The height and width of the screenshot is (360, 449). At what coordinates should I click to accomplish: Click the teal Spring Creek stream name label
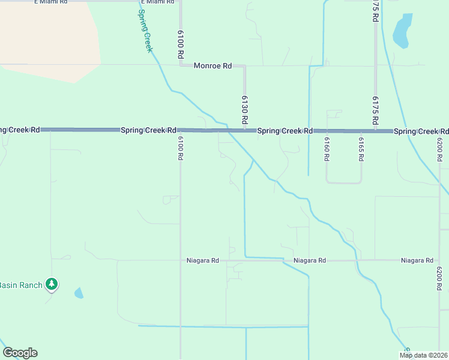coord(145,31)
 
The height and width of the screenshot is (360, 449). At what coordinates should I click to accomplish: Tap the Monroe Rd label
coord(212,66)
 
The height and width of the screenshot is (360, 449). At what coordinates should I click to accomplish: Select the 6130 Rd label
coord(245,110)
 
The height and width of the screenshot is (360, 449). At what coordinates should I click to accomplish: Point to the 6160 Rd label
coord(327,149)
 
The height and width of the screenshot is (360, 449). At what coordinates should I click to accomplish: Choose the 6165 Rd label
coord(361,149)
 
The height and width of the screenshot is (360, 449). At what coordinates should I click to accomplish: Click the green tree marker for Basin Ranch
coord(52,284)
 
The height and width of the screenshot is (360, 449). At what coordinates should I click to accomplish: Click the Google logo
coord(20,353)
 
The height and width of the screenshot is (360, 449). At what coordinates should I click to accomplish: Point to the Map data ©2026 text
coord(424,355)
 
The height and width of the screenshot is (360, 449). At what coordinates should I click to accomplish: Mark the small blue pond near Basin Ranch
coord(79,293)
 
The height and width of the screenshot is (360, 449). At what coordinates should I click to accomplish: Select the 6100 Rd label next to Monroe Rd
coord(180,45)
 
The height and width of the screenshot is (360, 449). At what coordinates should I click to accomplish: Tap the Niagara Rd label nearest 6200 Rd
coord(417,260)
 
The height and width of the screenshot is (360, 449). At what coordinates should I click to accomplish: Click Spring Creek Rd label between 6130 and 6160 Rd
coord(285,131)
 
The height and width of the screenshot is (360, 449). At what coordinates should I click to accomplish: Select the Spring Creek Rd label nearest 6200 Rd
coord(421,131)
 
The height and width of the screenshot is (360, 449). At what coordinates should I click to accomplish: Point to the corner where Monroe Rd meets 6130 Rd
coord(244,66)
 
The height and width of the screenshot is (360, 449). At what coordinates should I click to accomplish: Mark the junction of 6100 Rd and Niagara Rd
coord(181,260)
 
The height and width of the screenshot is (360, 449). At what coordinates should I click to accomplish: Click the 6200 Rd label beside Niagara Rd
coord(440,278)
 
